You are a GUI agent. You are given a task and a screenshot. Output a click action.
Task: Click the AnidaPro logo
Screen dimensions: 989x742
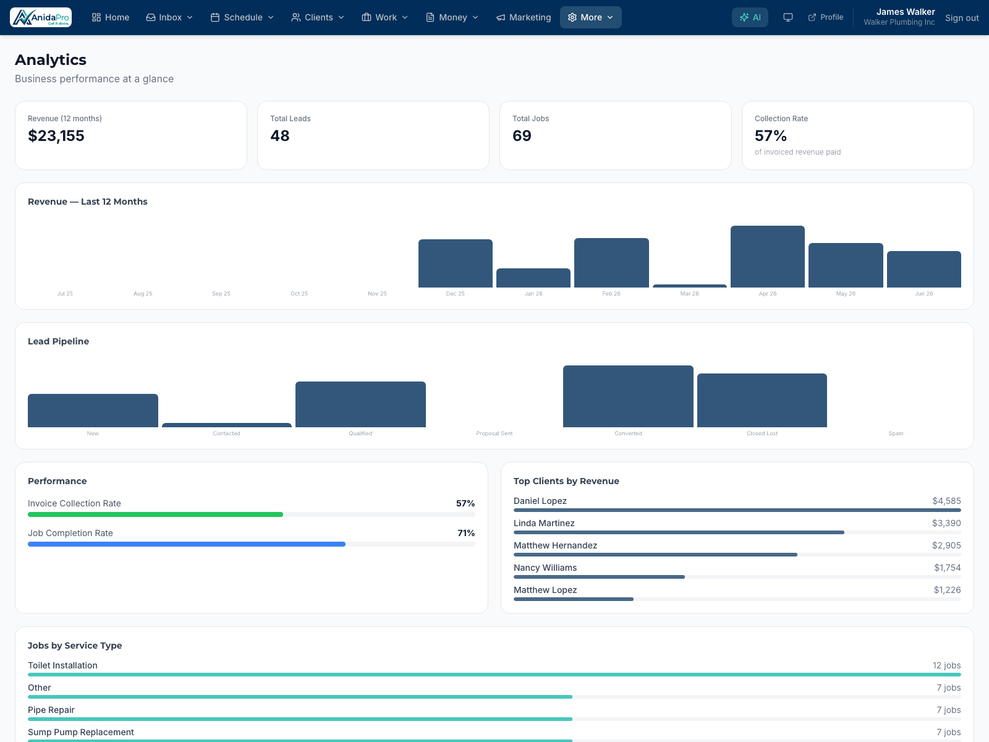pos(41,17)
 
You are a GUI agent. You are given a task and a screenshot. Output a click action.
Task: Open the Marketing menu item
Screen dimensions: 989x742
pos(524,17)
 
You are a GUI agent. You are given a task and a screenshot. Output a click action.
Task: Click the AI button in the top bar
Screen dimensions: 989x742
pos(750,17)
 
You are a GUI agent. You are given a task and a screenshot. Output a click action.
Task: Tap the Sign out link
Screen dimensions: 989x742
pos(962,17)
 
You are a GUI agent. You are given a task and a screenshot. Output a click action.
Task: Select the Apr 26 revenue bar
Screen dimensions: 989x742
pos(767,257)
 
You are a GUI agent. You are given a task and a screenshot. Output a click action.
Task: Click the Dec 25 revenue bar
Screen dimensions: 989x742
pos(455,263)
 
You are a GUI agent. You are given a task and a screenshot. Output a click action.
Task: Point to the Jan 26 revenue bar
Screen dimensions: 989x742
pos(533,278)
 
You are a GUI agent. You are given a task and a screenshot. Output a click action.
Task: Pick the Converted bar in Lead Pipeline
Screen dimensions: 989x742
pos(627,396)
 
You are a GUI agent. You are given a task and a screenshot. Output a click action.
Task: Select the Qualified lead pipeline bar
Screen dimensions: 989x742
pos(360,404)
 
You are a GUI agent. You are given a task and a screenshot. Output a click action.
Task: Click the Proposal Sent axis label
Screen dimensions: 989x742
pos(494,433)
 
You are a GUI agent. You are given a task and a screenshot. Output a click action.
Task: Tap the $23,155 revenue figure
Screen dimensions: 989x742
pos(56,135)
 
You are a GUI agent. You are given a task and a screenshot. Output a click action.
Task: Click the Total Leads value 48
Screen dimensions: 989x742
pos(280,135)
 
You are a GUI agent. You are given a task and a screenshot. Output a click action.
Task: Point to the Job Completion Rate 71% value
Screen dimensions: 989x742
pos(466,533)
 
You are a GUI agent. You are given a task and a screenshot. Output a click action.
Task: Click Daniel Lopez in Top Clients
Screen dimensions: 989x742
pos(540,501)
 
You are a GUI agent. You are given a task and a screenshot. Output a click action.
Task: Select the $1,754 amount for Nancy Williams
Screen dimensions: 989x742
pos(947,568)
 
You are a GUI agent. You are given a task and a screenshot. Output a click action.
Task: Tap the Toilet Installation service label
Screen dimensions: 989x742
pos(62,665)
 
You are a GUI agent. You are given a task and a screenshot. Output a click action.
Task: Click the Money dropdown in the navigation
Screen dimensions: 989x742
pos(452,17)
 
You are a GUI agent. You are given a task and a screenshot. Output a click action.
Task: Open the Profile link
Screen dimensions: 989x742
pos(825,17)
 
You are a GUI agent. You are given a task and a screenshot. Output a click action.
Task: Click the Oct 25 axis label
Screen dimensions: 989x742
pos(299,294)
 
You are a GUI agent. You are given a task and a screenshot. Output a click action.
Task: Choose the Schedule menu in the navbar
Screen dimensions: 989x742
pos(242,17)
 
